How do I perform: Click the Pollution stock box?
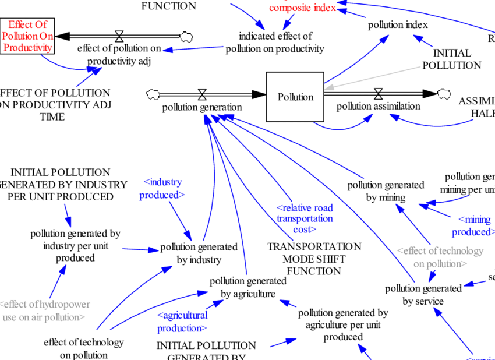tap(295, 97)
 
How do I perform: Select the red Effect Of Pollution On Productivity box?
tap(27, 36)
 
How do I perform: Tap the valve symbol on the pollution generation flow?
tap(202, 94)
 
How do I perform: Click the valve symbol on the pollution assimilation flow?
tap(378, 93)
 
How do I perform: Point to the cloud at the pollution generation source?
tap(154, 94)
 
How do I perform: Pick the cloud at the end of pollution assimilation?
tap(444, 93)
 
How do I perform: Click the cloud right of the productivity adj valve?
tap(186, 37)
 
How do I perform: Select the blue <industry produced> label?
tap(162, 189)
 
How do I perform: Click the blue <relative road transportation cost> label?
tap(305, 218)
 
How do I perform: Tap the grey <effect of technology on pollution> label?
tap(440, 257)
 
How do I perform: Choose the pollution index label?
tap(398, 24)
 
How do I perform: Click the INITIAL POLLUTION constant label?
tap(451, 59)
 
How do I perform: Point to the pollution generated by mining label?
tap(386, 191)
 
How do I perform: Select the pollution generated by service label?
tap(423, 294)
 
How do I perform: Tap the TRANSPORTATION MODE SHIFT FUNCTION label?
tap(314, 259)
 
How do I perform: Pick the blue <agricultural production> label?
tap(182, 321)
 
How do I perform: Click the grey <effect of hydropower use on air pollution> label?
tap(45, 310)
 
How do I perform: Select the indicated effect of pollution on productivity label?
tap(275, 43)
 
